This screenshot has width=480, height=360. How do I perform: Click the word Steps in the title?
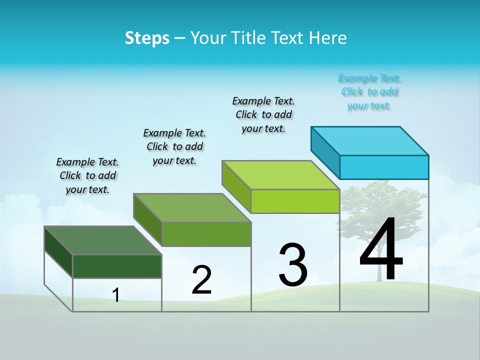[x=147, y=38]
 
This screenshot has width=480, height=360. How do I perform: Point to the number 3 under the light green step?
[x=293, y=265]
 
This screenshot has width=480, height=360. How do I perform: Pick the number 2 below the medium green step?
[x=201, y=280]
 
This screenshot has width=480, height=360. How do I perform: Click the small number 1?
[x=116, y=295]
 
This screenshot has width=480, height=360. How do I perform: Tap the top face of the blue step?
[x=370, y=140]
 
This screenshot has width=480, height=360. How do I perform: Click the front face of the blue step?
[x=384, y=167]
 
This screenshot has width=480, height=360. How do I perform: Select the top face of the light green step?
[x=281, y=175]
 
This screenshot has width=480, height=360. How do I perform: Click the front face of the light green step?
[x=295, y=201]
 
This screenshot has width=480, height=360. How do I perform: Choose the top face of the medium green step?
[x=192, y=208]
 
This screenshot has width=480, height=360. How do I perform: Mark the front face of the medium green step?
[x=206, y=234]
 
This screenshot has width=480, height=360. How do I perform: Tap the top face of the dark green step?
[x=103, y=240]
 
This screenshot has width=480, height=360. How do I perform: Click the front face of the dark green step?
[x=117, y=266]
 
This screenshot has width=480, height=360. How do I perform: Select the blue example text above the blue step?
[x=369, y=92]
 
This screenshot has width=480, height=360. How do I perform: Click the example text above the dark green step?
[x=87, y=175]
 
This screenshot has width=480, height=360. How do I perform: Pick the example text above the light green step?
[x=263, y=114]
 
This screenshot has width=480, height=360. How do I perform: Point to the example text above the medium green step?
[x=174, y=146]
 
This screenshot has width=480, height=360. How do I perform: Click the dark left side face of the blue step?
[x=325, y=152]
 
